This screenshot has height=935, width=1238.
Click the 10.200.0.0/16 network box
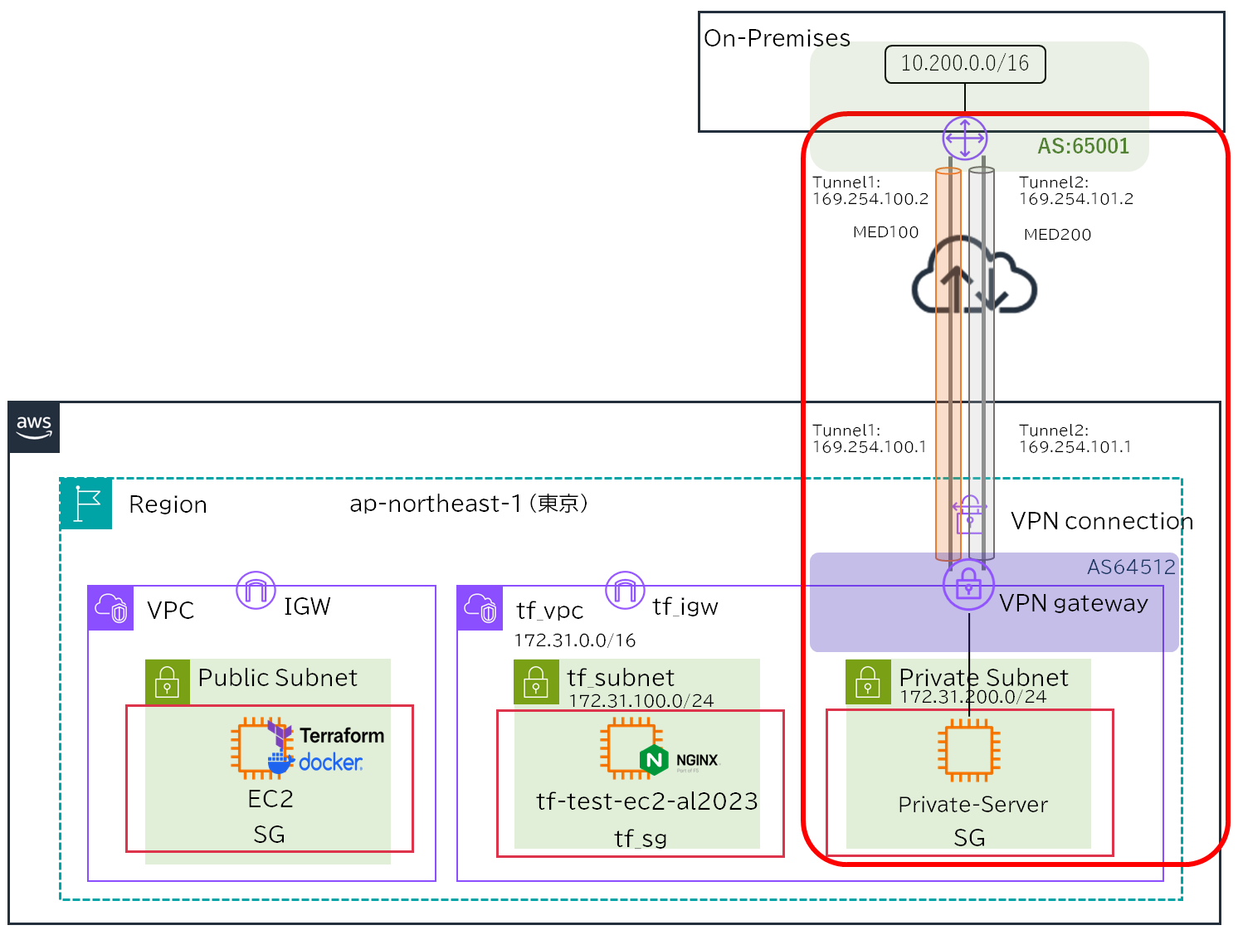coord(965,64)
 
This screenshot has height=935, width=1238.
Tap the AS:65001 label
coord(1083,146)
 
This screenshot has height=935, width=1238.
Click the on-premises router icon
coord(965,138)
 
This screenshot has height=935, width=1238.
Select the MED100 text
coord(885,232)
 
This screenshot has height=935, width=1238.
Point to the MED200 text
coord(1057,235)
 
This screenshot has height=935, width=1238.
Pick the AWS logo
coord(34,427)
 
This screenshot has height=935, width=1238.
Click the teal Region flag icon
coord(86,504)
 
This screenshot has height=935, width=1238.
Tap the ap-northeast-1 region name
coord(468,504)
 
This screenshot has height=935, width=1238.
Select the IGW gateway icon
coord(256,591)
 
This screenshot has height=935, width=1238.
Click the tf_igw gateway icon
coord(625,591)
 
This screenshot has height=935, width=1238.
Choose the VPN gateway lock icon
coord(968,585)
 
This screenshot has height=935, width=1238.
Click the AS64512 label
coord(1131,567)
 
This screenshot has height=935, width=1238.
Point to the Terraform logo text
coord(342,736)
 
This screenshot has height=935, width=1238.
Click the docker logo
coord(317,762)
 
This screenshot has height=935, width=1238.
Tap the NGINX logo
coord(680,760)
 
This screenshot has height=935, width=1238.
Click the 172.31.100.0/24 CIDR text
coord(641,700)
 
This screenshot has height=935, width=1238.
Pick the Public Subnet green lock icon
coord(168,682)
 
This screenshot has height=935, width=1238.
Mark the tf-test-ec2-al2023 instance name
coord(646,801)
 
